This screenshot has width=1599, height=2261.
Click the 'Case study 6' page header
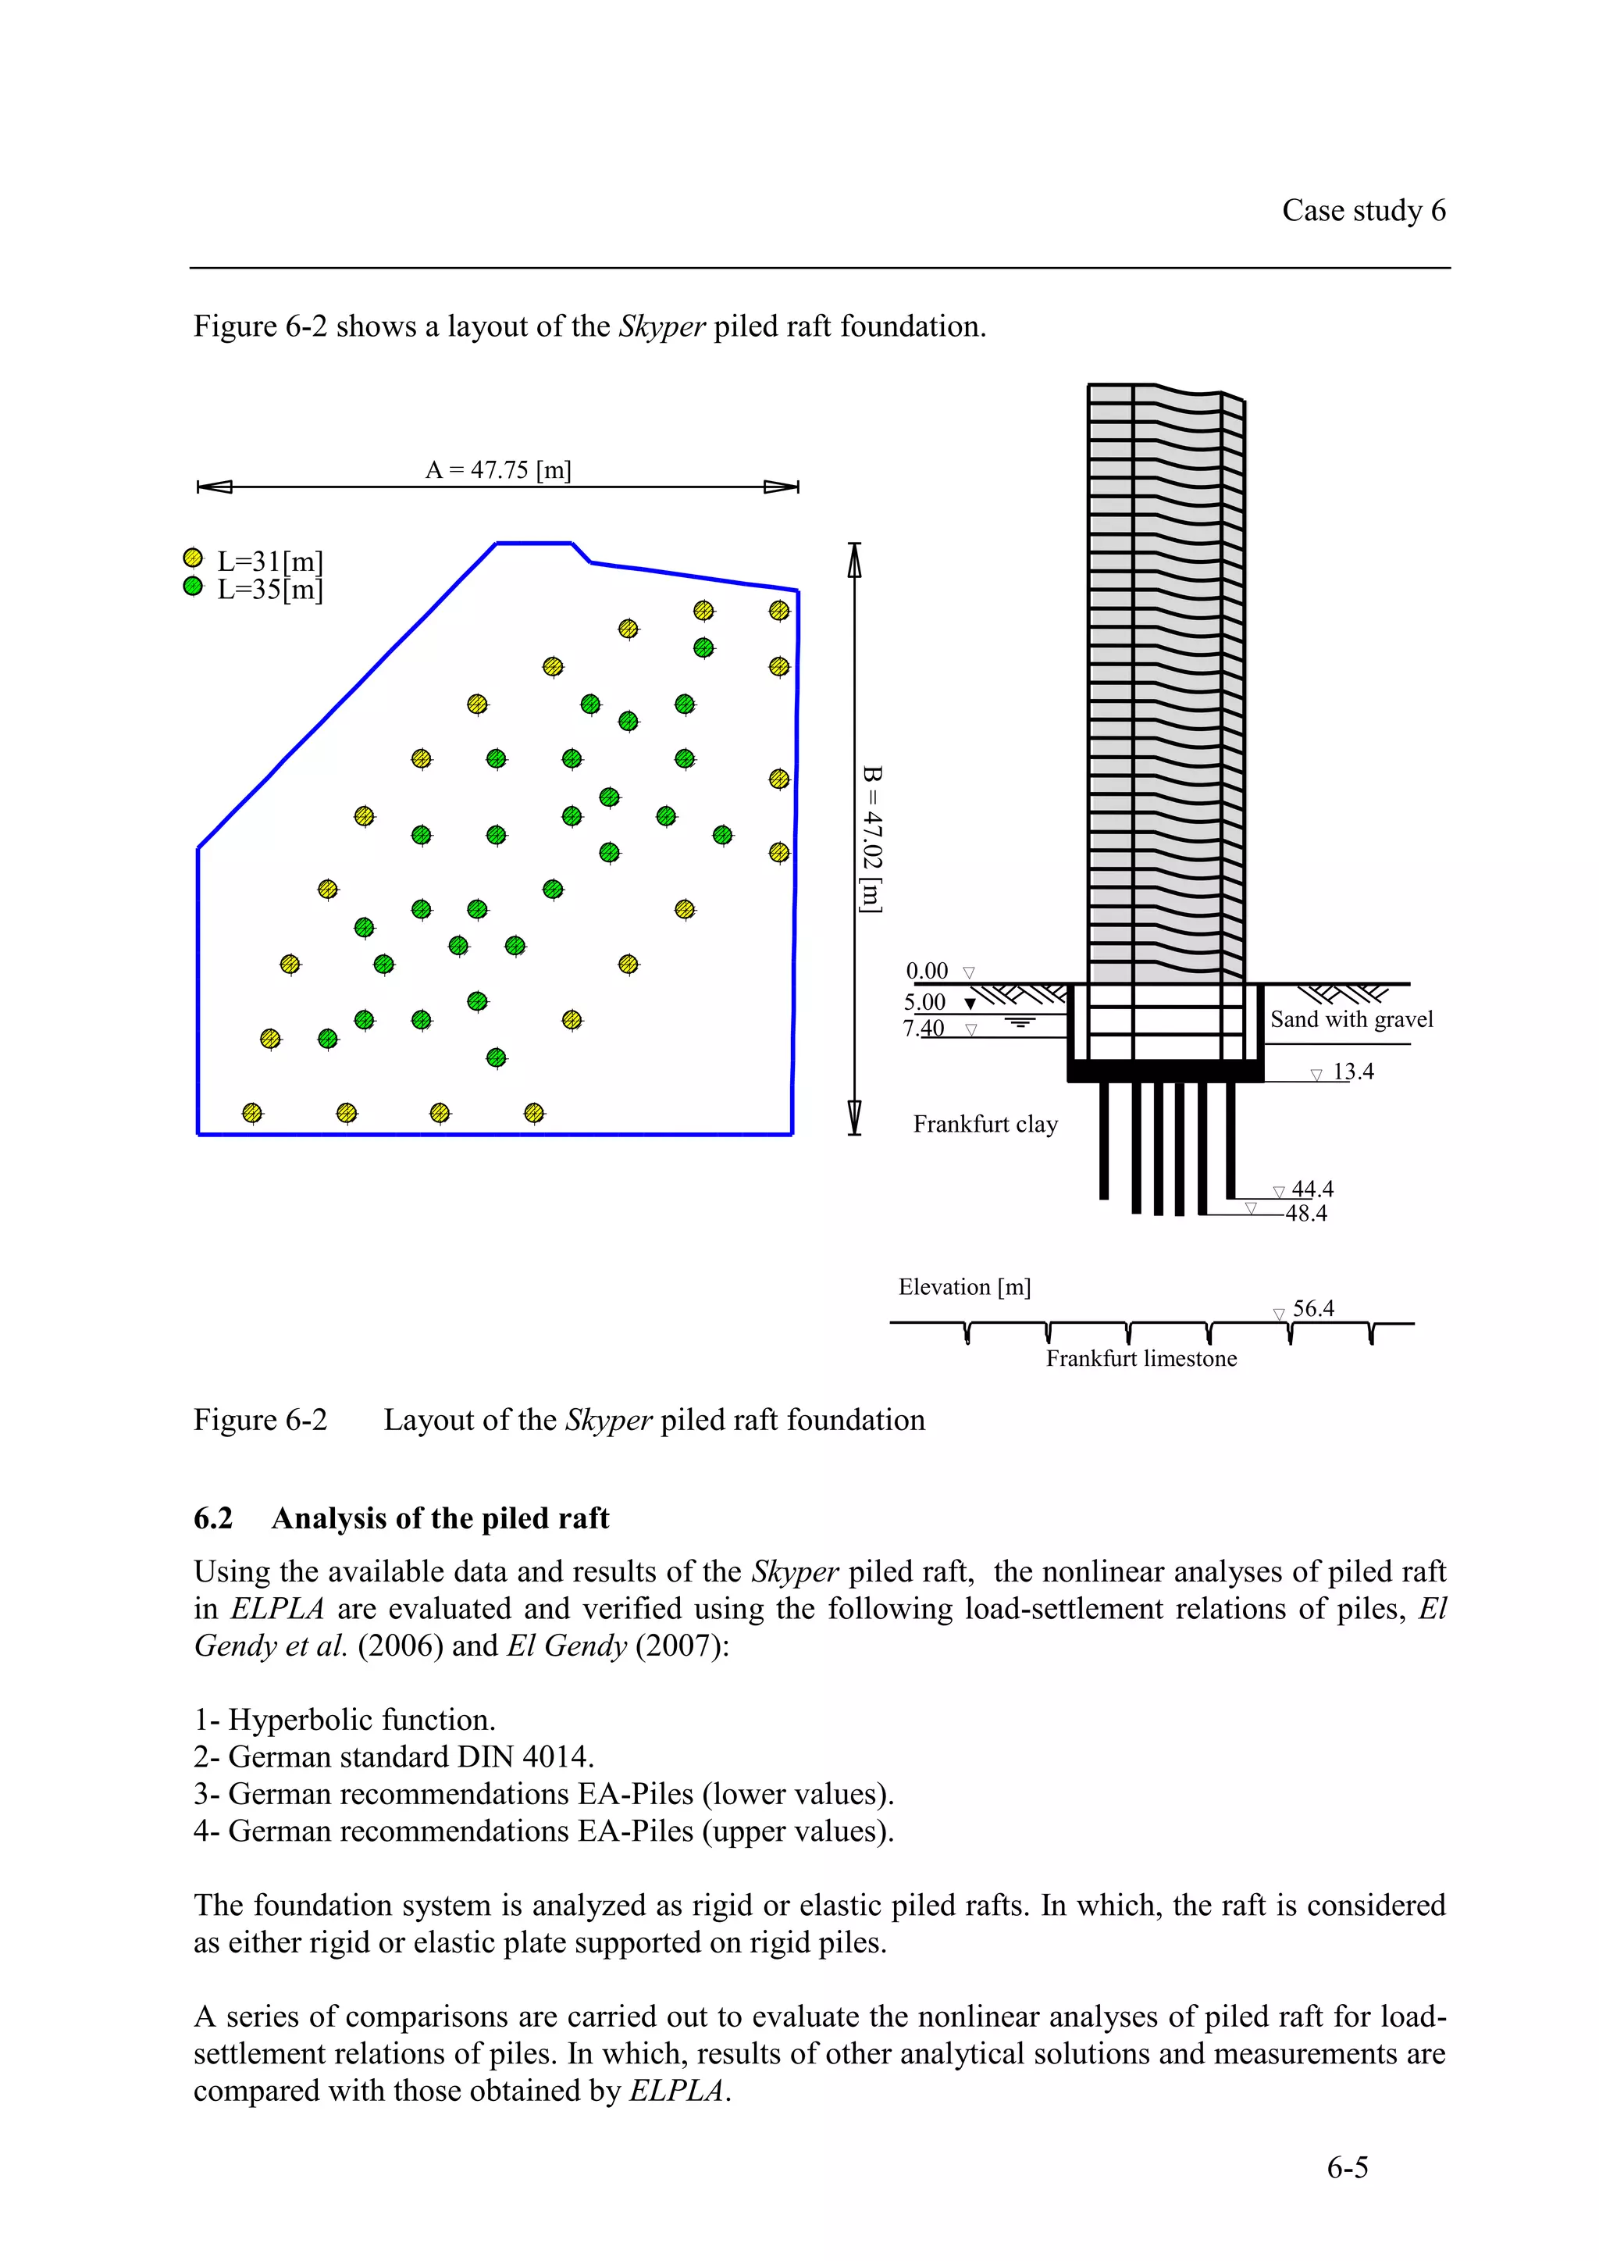tap(1362, 211)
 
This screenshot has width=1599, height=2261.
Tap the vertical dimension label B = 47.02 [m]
tap(871, 839)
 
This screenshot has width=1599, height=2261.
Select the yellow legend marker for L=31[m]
tap(193, 558)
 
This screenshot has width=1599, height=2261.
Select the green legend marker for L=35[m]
tap(193, 587)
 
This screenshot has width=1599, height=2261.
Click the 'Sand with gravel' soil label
tap(1351, 1019)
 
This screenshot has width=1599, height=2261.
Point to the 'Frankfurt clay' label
tap(985, 1125)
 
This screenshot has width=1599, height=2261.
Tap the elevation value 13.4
tap(1353, 1072)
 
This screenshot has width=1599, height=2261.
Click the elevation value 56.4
tap(1312, 1309)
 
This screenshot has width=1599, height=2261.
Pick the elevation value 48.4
tap(1305, 1214)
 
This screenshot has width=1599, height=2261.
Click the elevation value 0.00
tap(927, 971)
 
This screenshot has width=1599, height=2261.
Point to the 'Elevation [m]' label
tap(964, 1287)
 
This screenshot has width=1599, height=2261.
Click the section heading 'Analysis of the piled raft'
tap(440, 1518)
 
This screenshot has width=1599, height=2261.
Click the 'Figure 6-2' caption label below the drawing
tap(260, 1420)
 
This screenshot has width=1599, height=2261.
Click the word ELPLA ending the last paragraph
tap(675, 2091)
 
